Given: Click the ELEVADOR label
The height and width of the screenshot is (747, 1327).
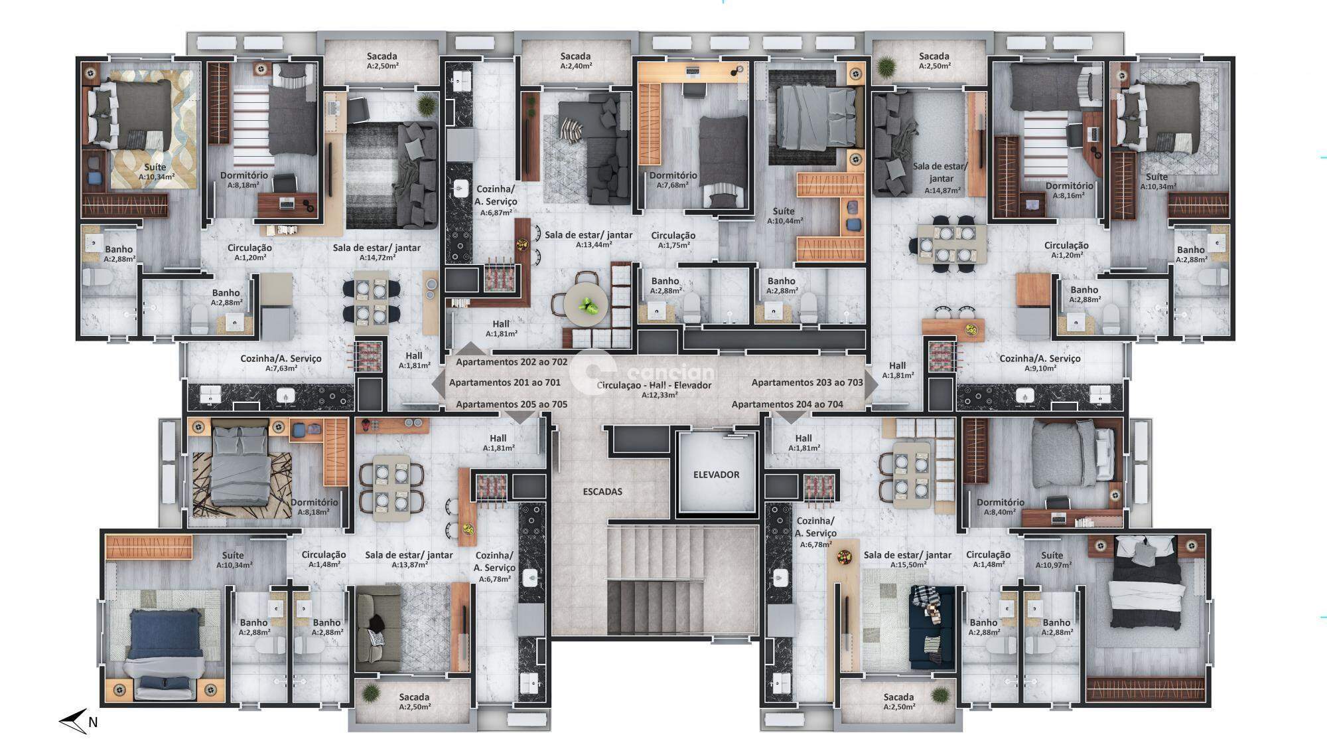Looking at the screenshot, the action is pos(716,475).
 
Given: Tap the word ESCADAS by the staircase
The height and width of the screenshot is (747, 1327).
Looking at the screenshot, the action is pos(602,492).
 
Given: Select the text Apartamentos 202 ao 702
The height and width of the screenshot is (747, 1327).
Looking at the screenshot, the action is pos(512,362).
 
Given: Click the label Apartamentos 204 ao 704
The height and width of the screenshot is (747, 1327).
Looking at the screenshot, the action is pos(788,404).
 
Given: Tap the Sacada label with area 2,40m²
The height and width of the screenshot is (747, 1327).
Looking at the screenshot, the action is pos(575,60).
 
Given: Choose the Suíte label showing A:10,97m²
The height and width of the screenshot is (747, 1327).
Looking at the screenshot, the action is pos(1052,560).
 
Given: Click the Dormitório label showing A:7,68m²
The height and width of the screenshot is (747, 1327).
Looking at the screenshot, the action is pos(673,180).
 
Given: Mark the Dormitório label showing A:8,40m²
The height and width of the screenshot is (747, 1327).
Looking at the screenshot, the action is pos(1001,507).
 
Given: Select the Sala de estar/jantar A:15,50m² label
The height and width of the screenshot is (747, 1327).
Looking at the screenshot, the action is pos(908,559).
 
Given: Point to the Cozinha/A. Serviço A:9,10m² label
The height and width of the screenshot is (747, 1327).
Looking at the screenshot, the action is pos(1040,363).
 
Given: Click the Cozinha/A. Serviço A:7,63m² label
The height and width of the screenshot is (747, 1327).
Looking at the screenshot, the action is pos(281,363).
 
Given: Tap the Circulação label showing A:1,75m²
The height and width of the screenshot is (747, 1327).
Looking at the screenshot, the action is pos(673,240).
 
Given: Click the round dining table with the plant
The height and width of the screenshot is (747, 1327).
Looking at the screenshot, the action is pos(587,306).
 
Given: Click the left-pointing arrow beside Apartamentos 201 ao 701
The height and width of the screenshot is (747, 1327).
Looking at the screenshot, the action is pos(439,383).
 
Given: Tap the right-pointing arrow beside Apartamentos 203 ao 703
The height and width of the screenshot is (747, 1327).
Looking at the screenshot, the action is pos(873,384).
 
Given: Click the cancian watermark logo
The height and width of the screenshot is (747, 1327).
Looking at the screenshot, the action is pos(642,373).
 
